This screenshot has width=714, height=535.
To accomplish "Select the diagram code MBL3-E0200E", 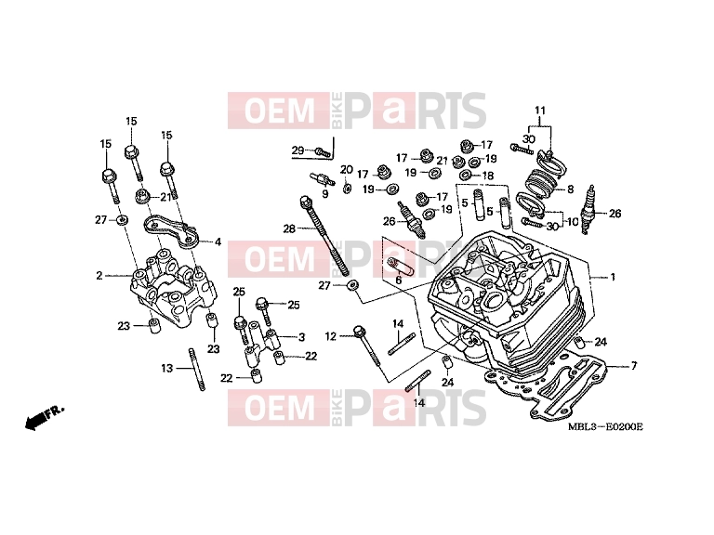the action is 606,426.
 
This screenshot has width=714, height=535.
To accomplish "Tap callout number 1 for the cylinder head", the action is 613,277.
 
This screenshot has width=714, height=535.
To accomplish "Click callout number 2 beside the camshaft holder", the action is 99,276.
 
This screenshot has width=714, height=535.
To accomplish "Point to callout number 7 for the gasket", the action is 633,365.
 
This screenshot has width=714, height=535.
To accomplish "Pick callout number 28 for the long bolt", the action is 290,228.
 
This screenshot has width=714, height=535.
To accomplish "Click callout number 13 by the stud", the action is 167,368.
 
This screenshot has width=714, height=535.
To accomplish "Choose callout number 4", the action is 218,242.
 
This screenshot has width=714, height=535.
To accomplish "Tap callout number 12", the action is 331,336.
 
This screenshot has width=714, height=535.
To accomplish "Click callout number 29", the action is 297,150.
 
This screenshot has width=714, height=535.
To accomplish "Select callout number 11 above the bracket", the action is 539,111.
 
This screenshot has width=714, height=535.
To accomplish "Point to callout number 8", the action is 570,189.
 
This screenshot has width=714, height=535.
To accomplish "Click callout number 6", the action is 399,281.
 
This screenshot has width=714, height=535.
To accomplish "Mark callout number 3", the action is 301,337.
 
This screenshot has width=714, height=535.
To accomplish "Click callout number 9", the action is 324,194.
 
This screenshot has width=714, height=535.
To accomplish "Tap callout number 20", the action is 347,170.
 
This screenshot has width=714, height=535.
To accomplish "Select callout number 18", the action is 487,176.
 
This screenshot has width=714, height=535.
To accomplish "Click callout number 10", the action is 572,222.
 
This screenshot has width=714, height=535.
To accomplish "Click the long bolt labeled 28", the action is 325,236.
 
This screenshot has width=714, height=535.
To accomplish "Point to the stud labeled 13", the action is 196,370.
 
